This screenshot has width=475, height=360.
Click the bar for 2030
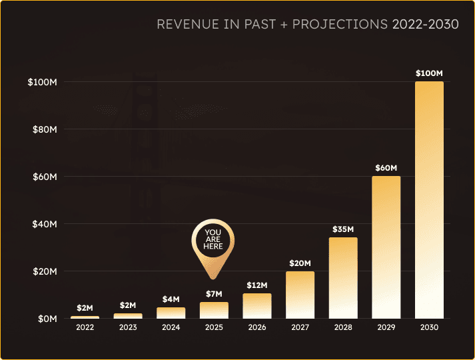pyautogui.click(x=429, y=200)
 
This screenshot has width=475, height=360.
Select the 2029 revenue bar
pyautogui.click(x=386, y=247)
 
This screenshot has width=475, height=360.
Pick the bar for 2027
pyautogui.click(x=300, y=295)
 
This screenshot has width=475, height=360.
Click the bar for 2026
pyautogui.click(x=256, y=305)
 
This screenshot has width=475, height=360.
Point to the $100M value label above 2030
pyautogui.click(x=429, y=73)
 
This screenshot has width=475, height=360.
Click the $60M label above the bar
pyautogui.click(x=386, y=167)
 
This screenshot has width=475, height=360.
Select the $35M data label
pyautogui.click(x=343, y=229)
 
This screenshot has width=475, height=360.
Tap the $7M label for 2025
pyautogui.click(x=214, y=294)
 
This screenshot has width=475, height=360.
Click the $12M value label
pyautogui.click(x=256, y=285)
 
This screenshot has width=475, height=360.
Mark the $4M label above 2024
pyautogui.click(x=171, y=299)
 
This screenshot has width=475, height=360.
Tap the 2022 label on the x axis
pyautogui.click(x=85, y=328)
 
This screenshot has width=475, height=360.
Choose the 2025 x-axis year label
pyautogui.click(x=214, y=328)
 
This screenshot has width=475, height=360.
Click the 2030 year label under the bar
pyautogui.click(x=429, y=328)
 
